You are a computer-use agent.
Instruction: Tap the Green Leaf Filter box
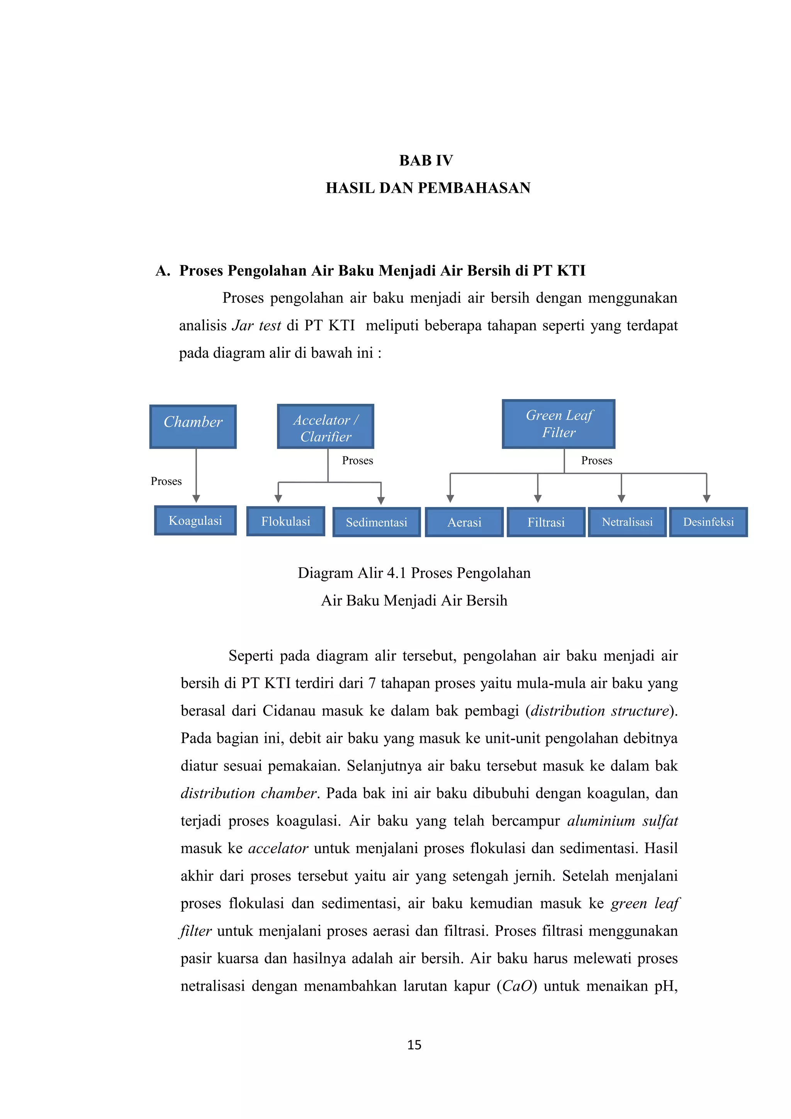(x=558, y=423)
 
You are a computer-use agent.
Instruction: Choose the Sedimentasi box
(x=376, y=522)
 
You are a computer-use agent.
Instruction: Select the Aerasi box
(x=464, y=522)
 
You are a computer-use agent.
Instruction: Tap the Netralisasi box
(x=627, y=522)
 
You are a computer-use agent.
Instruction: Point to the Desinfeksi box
(x=708, y=522)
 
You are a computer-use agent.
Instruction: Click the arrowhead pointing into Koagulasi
(x=196, y=498)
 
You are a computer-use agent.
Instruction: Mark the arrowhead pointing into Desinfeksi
(x=707, y=498)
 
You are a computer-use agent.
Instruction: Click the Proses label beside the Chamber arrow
(x=166, y=481)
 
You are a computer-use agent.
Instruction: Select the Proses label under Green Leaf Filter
(x=597, y=461)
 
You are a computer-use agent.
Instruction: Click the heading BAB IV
(x=426, y=160)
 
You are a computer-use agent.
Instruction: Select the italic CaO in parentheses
(x=517, y=986)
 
